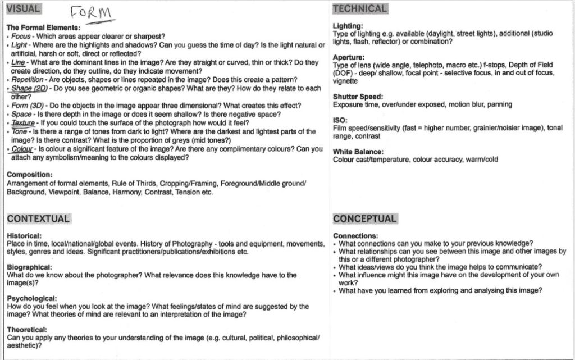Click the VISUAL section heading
23,8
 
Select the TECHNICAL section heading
359,8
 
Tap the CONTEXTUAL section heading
38,218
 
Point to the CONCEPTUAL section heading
364,218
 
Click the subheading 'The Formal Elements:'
43,28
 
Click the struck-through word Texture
23,123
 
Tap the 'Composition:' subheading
29,175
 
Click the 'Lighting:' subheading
348,26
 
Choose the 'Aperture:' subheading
349,57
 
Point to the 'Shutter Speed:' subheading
358,97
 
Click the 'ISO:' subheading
340,120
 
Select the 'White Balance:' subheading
358,152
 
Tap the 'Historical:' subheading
24,236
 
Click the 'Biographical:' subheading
29,267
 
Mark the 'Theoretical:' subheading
27,330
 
